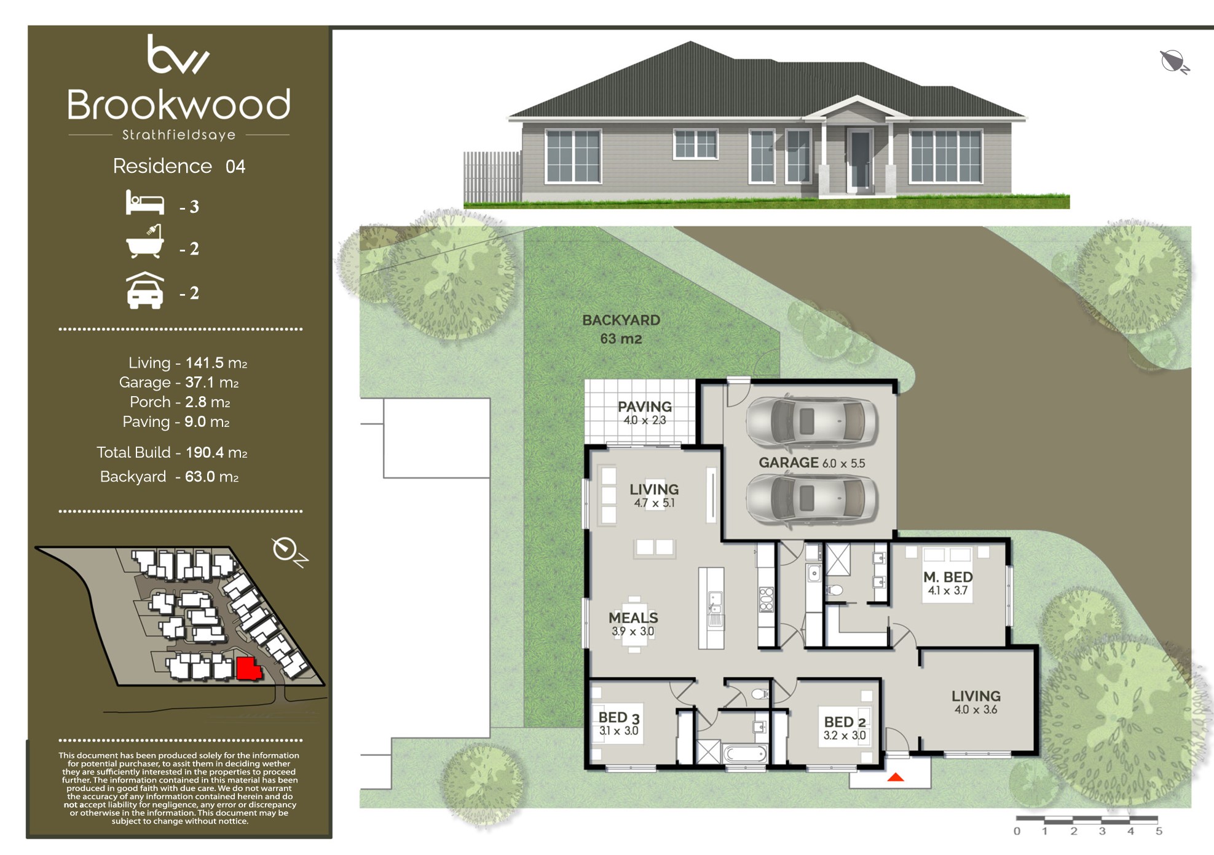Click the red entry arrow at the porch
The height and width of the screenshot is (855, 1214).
coord(896,777)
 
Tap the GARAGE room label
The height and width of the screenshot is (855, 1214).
coord(789,463)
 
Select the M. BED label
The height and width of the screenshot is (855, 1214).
coord(948,577)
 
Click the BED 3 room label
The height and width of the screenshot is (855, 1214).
coord(619,717)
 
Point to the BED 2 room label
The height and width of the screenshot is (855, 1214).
coord(845,722)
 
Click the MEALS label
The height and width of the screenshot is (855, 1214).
coord(633,618)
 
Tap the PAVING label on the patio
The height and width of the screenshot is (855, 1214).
coord(645,407)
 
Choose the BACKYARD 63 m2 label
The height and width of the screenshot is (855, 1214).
coord(621,329)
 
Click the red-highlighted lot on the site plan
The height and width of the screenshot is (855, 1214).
coord(248,668)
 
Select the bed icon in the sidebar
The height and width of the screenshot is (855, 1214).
coord(145,202)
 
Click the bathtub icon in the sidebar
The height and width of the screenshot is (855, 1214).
coord(145,241)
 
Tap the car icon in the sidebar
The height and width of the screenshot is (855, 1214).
coord(145,290)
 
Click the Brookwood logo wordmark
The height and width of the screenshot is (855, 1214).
coord(178,105)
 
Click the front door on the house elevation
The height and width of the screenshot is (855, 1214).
coord(860,159)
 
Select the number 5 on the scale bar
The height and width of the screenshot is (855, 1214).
coord(1159,831)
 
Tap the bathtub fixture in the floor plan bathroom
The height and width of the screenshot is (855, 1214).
coord(745,753)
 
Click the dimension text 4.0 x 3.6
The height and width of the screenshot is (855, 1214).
coord(976,710)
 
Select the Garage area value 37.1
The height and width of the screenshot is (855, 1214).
coord(200,383)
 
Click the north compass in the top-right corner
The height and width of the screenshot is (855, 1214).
coord(1175,62)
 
